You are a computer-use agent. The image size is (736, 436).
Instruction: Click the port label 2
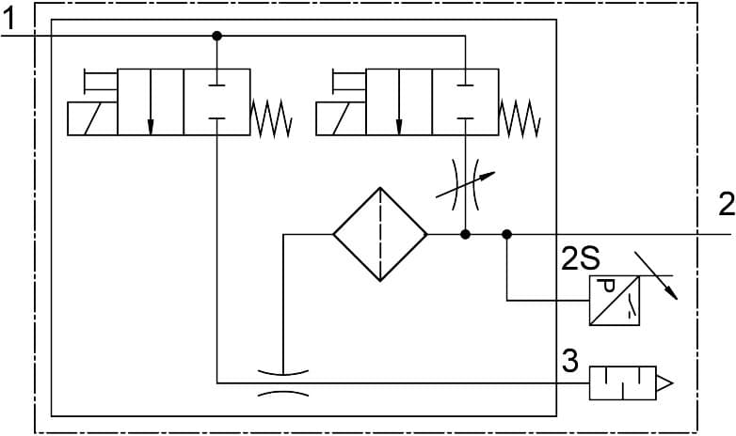[725, 204]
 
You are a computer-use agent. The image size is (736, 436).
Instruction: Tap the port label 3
[569, 361]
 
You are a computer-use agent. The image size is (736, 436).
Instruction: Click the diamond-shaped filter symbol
[380, 234]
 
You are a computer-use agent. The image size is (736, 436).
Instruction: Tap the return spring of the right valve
[520, 118]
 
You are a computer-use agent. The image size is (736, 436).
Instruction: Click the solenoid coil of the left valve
[92, 120]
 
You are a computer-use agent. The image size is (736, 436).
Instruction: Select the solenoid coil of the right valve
[341, 120]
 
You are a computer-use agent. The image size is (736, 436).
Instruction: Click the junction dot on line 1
[217, 36]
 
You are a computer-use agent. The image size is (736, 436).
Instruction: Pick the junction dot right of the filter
[465, 234]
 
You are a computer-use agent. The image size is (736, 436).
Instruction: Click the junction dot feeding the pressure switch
[507, 234]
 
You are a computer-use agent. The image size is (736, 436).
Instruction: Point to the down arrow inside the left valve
[151, 103]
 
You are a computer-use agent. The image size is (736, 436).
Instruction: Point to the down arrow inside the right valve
[399, 103]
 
